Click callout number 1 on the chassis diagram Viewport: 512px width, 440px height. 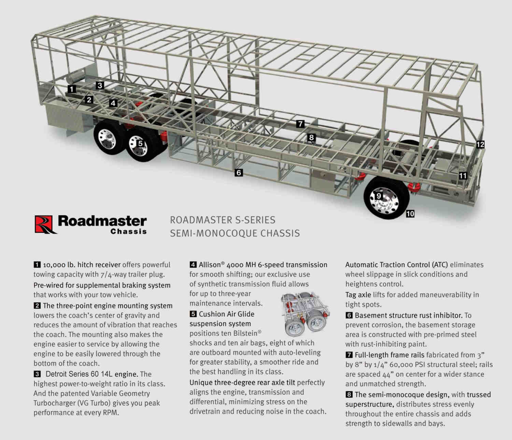pyautogui.click(x=72, y=89)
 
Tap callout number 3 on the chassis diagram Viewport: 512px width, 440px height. pyautogui.click(x=100, y=85)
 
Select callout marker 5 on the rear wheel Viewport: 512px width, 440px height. pyautogui.click(x=140, y=143)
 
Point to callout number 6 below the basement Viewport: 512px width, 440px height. pyautogui.click(x=239, y=173)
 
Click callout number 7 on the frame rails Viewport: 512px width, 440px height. pyautogui.click(x=300, y=124)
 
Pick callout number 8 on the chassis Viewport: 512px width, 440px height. pyautogui.click(x=311, y=138)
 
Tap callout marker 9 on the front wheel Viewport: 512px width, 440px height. pyautogui.click(x=379, y=196)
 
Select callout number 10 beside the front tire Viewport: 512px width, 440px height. pyautogui.click(x=410, y=214)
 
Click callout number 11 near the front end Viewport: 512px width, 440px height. pyautogui.click(x=463, y=176)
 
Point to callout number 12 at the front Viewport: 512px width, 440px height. pyautogui.click(x=480, y=145)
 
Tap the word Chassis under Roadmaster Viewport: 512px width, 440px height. pyautogui.click(x=128, y=232)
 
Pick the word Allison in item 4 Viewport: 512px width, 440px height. pyautogui.click(x=210, y=265)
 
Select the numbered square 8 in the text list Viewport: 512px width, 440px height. pyautogui.click(x=349, y=395)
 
